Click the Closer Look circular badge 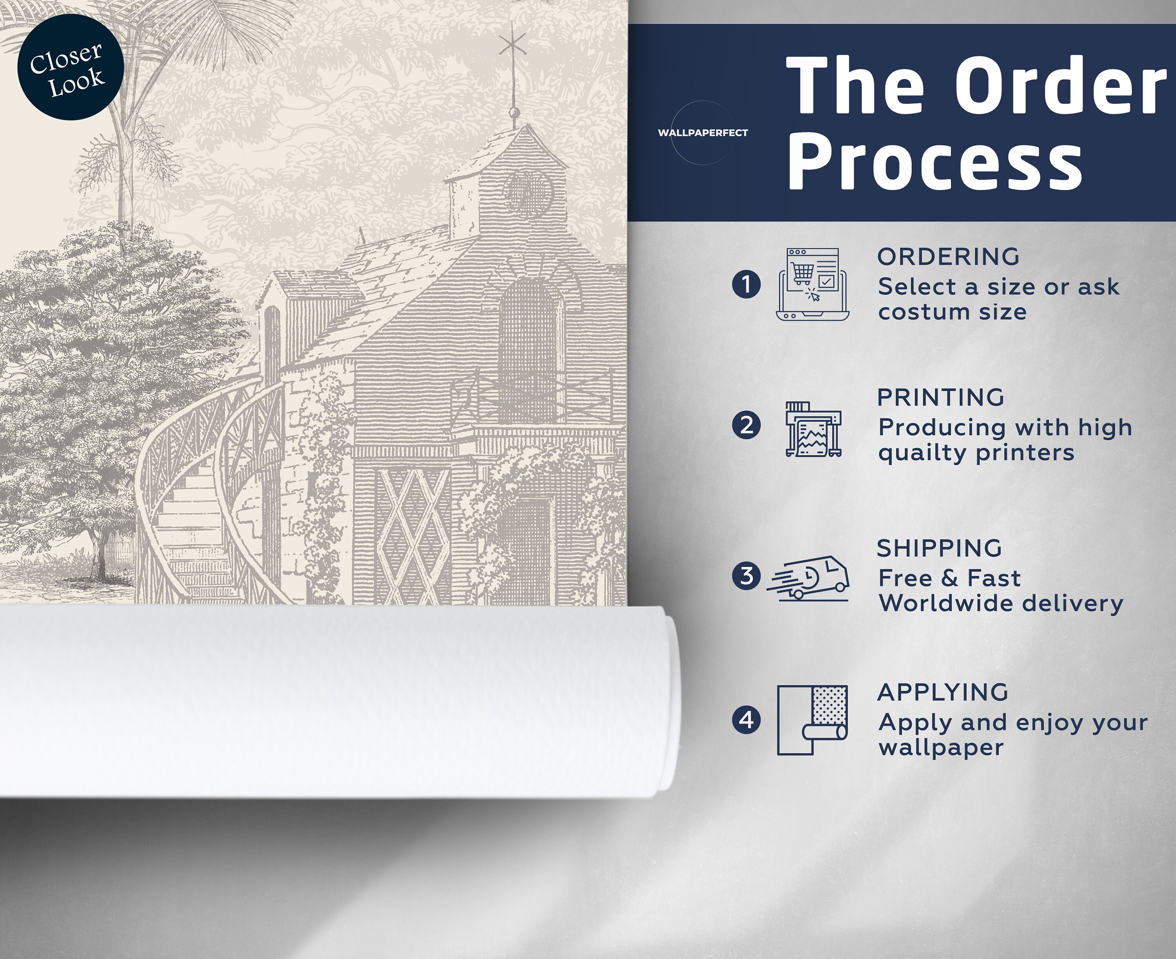[x=71, y=67]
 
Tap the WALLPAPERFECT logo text [x=702, y=132]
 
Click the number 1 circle [x=746, y=284]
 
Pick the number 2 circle [x=746, y=425]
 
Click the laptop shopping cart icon [x=812, y=284]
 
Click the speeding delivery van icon [x=808, y=577]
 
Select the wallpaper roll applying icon [x=812, y=720]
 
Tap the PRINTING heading [x=940, y=397]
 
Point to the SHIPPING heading [x=940, y=548]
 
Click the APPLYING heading [x=943, y=692]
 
